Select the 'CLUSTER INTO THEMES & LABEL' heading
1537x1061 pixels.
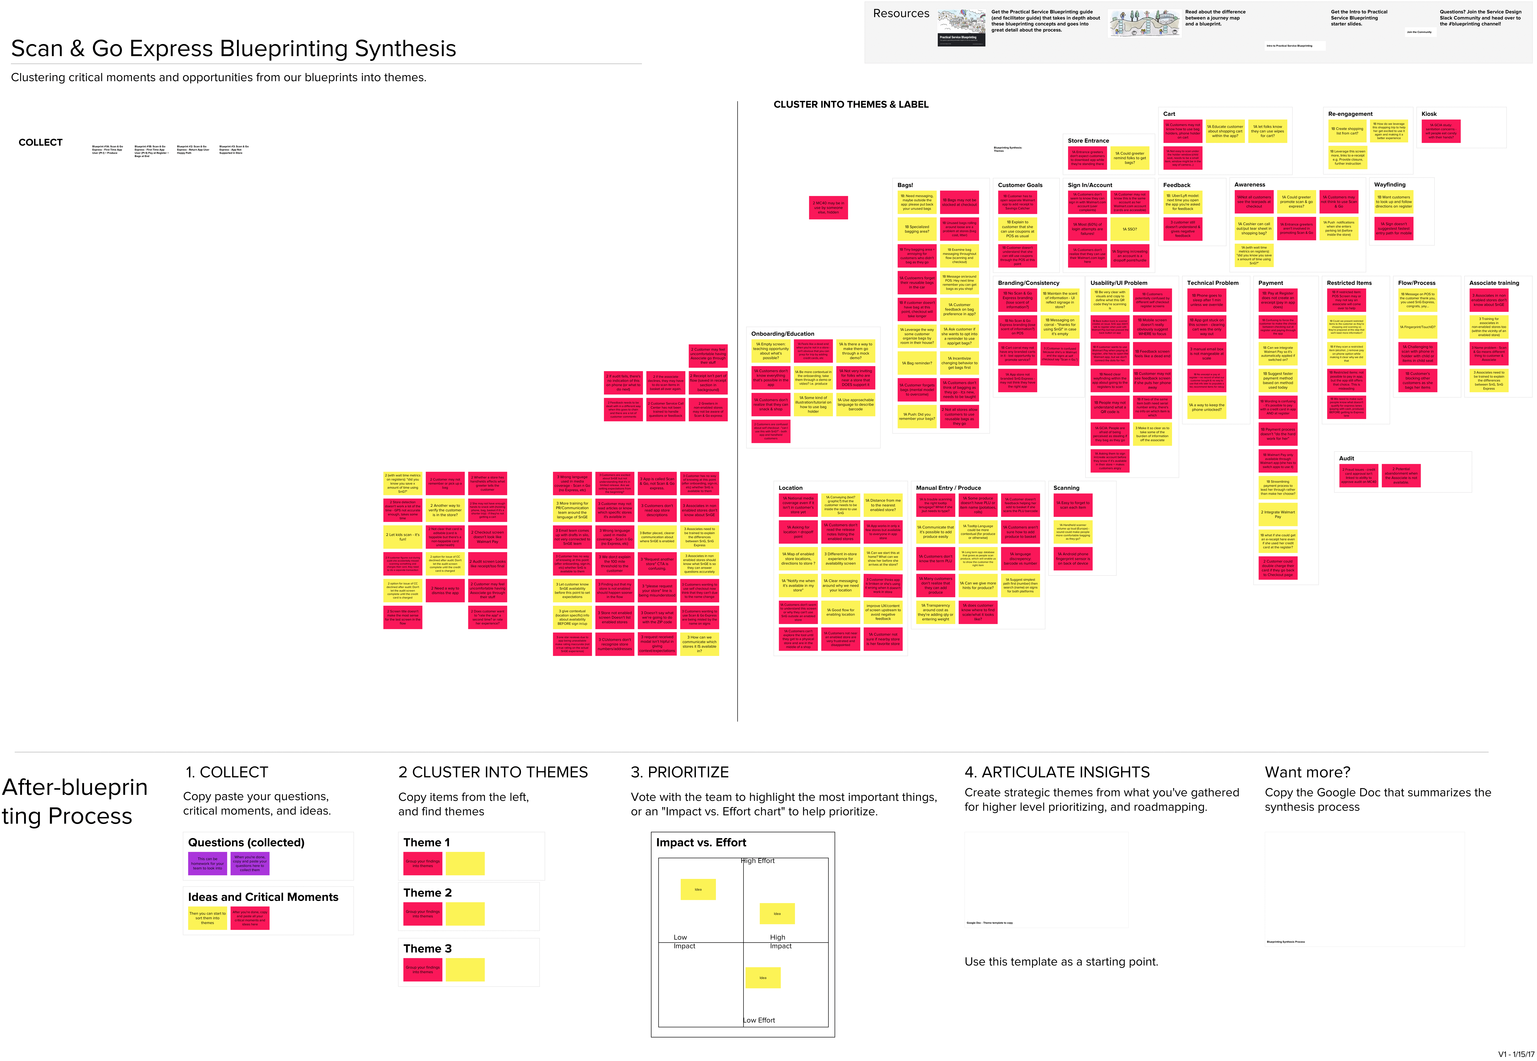coord(851,104)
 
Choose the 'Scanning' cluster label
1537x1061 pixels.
coord(1066,488)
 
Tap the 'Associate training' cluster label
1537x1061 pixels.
coord(1494,283)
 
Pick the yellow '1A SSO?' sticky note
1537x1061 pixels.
coord(1130,229)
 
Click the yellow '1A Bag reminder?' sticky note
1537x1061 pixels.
coord(917,363)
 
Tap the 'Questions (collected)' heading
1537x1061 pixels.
coord(246,842)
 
